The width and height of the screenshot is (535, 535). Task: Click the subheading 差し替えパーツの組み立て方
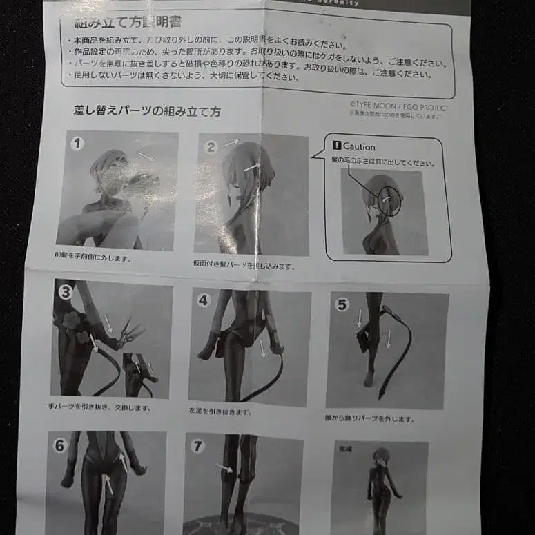(146, 110)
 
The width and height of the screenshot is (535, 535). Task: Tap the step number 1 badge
(77, 144)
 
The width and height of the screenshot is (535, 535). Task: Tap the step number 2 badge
(211, 146)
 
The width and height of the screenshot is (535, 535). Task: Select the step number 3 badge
(65, 291)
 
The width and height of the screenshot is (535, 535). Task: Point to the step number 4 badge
(203, 300)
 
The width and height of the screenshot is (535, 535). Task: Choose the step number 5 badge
(342, 304)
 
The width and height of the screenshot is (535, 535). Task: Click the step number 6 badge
(60, 445)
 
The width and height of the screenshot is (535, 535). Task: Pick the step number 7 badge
(198, 446)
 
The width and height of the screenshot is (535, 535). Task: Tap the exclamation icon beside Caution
(337, 146)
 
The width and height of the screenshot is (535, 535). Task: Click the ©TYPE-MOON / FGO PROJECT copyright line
(398, 108)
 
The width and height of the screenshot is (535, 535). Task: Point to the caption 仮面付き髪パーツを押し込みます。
(244, 265)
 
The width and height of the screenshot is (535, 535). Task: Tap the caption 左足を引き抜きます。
(220, 412)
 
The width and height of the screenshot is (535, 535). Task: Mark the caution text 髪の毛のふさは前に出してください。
(384, 163)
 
